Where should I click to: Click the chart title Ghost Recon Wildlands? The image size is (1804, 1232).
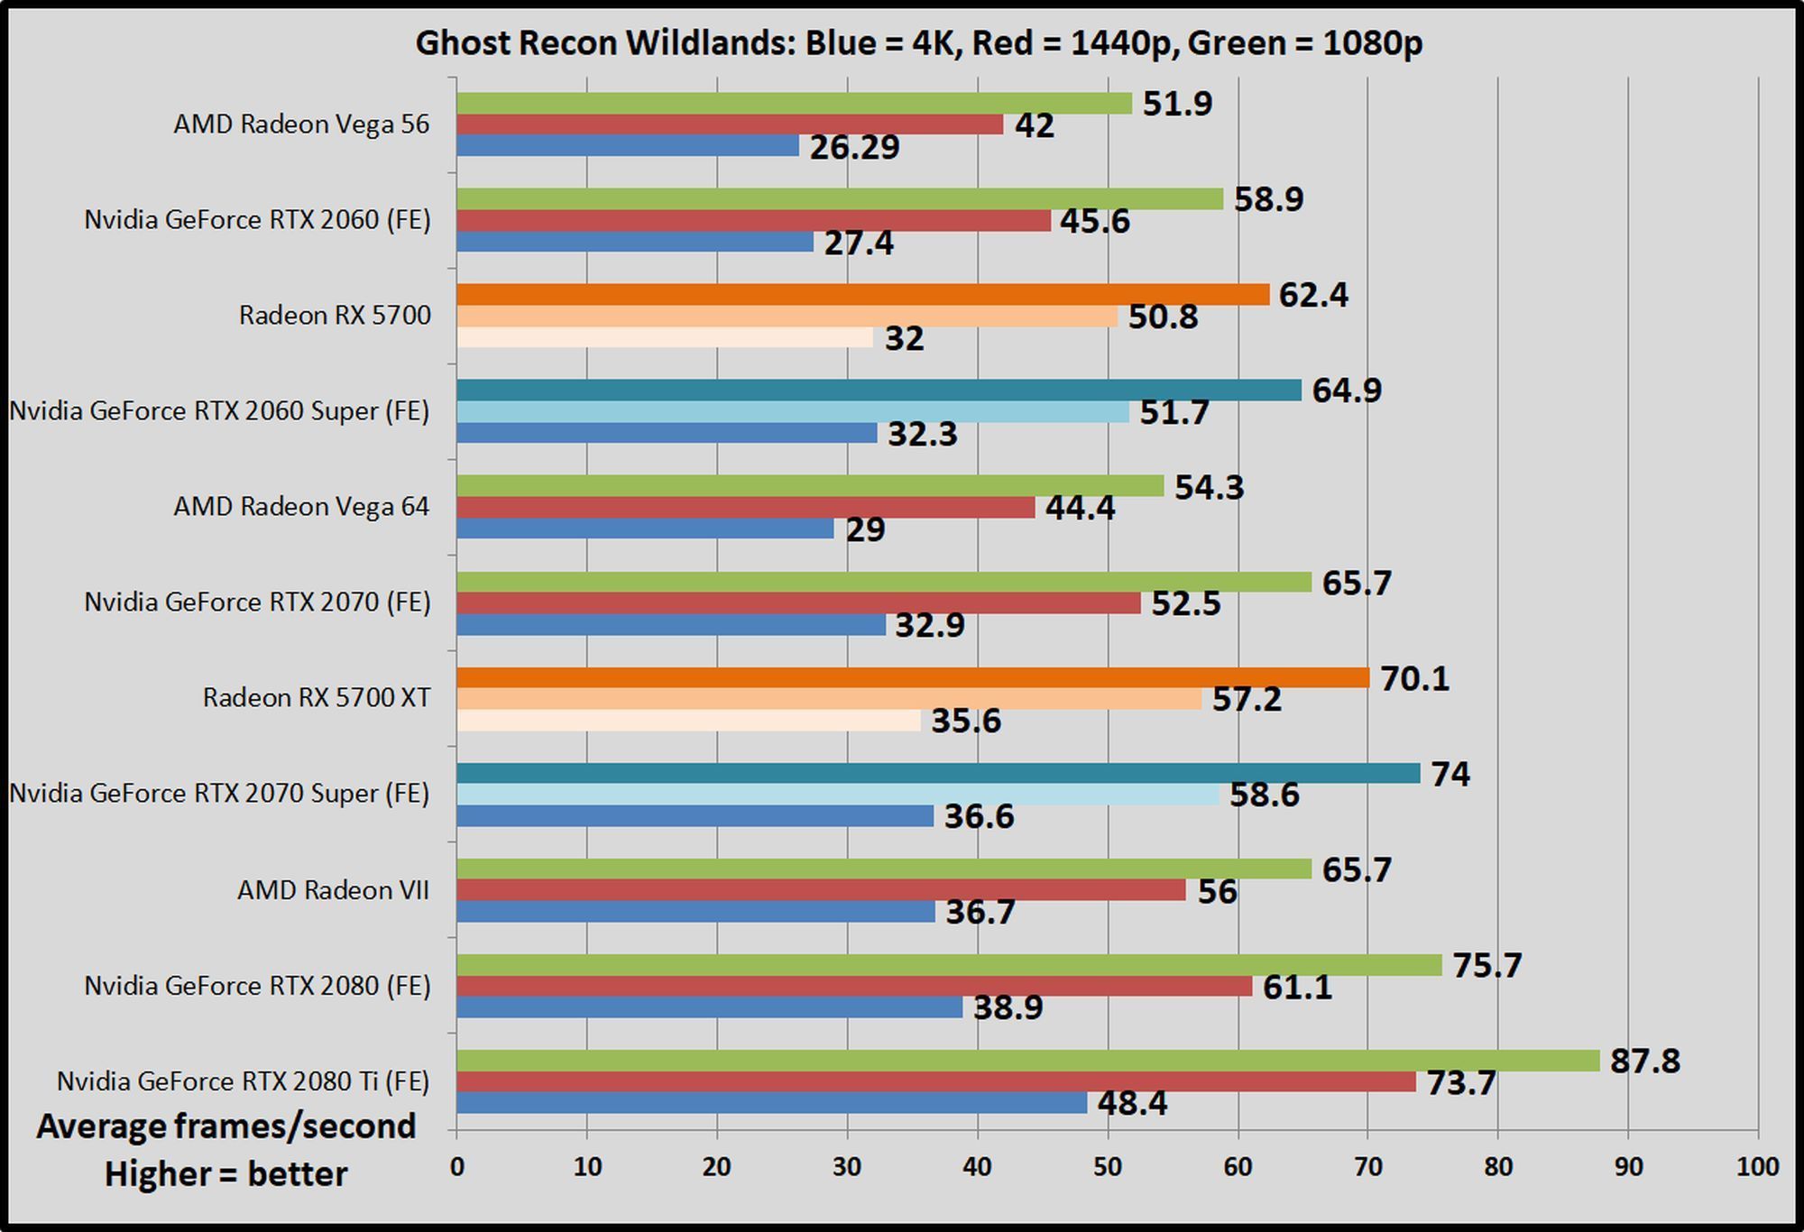click(x=918, y=42)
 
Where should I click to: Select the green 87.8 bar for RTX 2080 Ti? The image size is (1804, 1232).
click(x=1028, y=1061)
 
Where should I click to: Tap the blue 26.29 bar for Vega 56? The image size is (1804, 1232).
click(x=628, y=145)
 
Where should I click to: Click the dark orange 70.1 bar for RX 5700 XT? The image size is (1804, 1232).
click(x=913, y=678)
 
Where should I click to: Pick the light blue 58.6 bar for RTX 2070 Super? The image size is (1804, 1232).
click(x=838, y=795)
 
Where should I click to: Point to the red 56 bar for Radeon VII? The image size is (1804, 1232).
click(x=821, y=890)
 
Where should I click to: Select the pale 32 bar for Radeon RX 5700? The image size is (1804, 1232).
click(x=665, y=337)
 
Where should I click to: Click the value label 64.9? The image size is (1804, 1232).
click(x=1347, y=391)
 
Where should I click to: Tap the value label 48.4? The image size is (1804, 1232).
click(x=1132, y=1103)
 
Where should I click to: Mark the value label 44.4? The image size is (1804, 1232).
click(x=1080, y=509)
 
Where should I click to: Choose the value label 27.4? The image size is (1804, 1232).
click(x=859, y=243)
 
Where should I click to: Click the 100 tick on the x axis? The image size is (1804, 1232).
click(x=1757, y=1167)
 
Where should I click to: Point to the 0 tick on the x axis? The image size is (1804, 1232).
click(x=457, y=1167)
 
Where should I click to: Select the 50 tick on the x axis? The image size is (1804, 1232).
click(x=1108, y=1167)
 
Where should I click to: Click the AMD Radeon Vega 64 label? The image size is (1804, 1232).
click(x=301, y=507)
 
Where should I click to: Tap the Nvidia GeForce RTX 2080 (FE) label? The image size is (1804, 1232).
click(x=257, y=986)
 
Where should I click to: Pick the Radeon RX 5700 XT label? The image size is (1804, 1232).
click(x=317, y=698)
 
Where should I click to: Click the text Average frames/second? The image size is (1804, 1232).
click(x=226, y=1126)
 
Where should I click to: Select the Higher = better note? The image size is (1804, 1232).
click(x=225, y=1174)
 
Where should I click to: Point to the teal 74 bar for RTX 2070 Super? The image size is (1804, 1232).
click(x=938, y=774)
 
